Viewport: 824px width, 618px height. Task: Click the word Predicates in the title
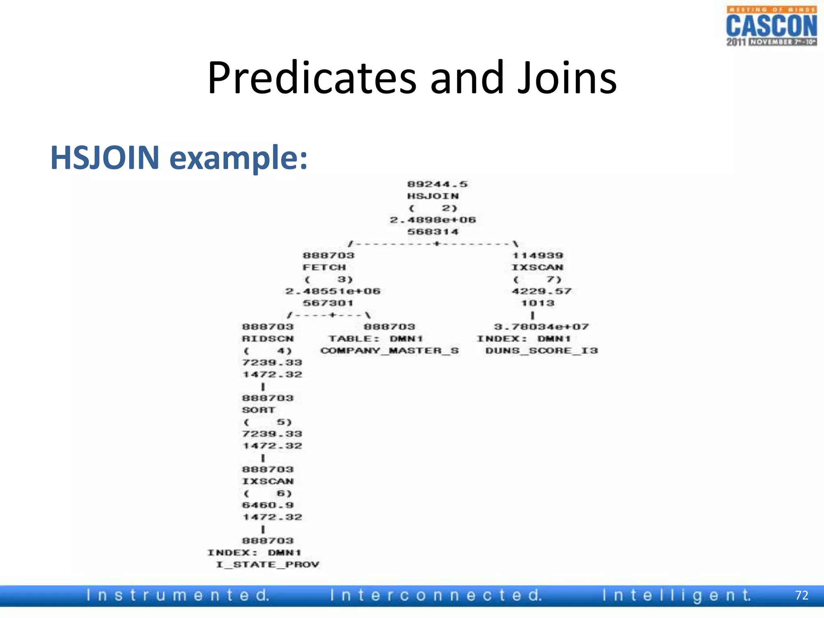pos(311,78)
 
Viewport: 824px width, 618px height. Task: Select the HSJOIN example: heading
pos(179,157)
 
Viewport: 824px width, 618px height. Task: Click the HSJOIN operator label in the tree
pos(433,196)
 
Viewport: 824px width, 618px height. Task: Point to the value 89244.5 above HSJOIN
pos(437,184)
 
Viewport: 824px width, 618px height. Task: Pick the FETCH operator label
pos(324,268)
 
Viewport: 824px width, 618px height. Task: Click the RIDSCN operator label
pos(268,339)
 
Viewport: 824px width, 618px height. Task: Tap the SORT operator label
pos(259,410)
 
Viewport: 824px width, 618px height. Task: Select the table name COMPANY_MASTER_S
pos(389,351)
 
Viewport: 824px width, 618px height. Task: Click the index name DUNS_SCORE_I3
pos(542,351)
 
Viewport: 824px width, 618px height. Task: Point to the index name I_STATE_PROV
pos(268,564)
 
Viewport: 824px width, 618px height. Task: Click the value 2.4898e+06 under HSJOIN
pos(433,220)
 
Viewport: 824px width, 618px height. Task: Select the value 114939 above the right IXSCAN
pos(538,255)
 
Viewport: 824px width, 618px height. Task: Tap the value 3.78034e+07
pos(542,327)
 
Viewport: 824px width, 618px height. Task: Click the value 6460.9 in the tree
pos(268,505)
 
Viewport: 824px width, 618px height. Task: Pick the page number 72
pos(801,595)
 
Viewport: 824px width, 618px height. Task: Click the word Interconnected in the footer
pos(436,595)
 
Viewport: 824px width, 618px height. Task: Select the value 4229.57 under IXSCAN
pos(542,291)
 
